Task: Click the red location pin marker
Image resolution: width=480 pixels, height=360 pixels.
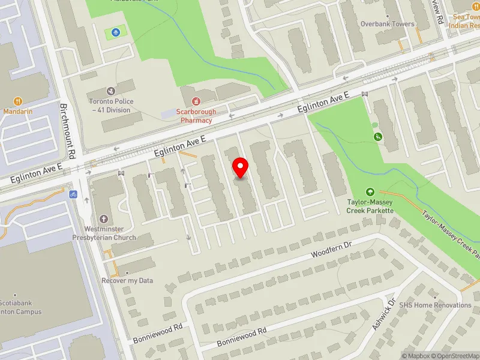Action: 241,168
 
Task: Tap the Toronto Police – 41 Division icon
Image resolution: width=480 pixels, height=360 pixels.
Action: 111,91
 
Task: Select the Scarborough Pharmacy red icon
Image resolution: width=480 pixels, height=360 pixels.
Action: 196,101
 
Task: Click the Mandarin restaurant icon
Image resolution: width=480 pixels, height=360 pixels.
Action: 18,101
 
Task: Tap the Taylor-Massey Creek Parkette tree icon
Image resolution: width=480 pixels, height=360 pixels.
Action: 370,191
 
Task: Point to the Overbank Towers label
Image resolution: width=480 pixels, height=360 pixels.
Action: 387,24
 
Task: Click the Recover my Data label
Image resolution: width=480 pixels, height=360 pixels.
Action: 127,280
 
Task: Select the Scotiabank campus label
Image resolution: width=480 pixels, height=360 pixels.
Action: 20,307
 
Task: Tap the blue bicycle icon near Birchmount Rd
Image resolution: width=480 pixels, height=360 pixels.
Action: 73,194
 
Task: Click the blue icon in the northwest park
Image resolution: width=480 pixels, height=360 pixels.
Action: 115,31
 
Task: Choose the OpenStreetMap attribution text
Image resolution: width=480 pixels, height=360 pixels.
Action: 455,356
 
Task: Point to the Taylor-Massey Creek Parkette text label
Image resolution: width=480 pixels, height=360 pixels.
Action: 370,206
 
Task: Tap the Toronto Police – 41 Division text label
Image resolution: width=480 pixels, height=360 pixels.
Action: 111,105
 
